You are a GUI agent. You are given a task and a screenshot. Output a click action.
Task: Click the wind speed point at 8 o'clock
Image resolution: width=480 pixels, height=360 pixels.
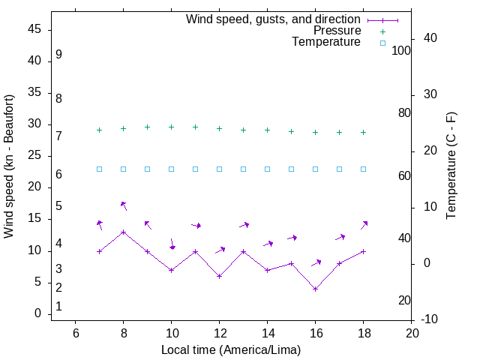(124, 232)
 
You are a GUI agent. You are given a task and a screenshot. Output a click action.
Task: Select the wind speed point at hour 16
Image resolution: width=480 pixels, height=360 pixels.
(316, 289)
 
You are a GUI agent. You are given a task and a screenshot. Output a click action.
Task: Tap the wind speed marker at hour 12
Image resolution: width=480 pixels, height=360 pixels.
(220, 276)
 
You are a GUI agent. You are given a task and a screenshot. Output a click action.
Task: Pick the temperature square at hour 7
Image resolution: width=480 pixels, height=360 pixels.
(100, 169)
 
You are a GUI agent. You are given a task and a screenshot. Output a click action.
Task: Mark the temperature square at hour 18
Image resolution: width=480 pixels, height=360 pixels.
(364, 169)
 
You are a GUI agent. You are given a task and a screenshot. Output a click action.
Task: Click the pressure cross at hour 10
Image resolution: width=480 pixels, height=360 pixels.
(172, 127)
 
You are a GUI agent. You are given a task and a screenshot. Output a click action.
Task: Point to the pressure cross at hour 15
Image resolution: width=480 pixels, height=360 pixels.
(292, 131)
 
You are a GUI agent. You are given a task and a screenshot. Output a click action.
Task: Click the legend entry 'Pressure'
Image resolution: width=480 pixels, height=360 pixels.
(337, 31)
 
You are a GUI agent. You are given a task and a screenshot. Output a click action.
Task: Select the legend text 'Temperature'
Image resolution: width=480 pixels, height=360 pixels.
(326, 43)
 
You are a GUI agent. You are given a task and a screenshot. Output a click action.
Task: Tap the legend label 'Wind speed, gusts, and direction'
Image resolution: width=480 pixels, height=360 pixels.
(274, 19)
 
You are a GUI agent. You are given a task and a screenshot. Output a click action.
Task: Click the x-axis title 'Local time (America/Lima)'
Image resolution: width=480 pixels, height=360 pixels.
(231, 349)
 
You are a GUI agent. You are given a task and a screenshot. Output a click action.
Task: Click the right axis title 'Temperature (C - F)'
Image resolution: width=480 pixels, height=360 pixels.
(451, 166)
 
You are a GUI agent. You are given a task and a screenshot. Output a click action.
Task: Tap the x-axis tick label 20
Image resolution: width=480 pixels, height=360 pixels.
(412, 333)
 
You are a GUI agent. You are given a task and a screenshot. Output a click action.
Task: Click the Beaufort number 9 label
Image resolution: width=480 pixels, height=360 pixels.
(58, 55)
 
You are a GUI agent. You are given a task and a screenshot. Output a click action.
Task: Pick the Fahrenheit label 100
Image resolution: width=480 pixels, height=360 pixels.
(401, 50)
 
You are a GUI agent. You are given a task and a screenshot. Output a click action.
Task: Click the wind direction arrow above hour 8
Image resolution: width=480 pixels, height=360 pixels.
(124, 205)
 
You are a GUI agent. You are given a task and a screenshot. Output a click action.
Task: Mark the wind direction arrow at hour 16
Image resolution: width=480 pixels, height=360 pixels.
(316, 262)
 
